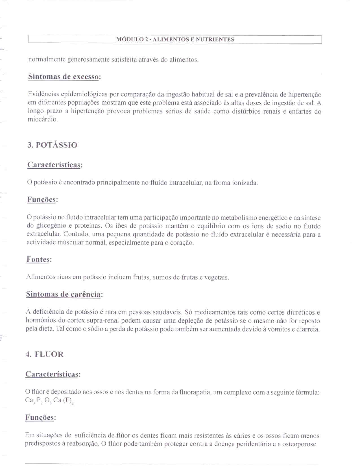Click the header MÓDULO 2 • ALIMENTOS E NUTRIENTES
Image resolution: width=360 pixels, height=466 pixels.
coord(175,40)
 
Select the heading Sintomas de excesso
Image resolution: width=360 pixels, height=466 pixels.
coord(64,77)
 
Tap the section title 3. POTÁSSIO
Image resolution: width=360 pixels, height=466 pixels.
coord(52,145)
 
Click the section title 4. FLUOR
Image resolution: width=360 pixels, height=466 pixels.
coord(44,354)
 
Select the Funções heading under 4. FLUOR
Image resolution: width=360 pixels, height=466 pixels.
coord(40,417)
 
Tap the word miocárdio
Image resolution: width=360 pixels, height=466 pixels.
coord(43,119)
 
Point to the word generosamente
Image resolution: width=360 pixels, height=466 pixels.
coord(88,60)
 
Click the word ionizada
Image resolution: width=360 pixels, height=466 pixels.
coord(245,183)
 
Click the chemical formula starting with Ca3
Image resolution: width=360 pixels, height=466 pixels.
coord(49,400)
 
